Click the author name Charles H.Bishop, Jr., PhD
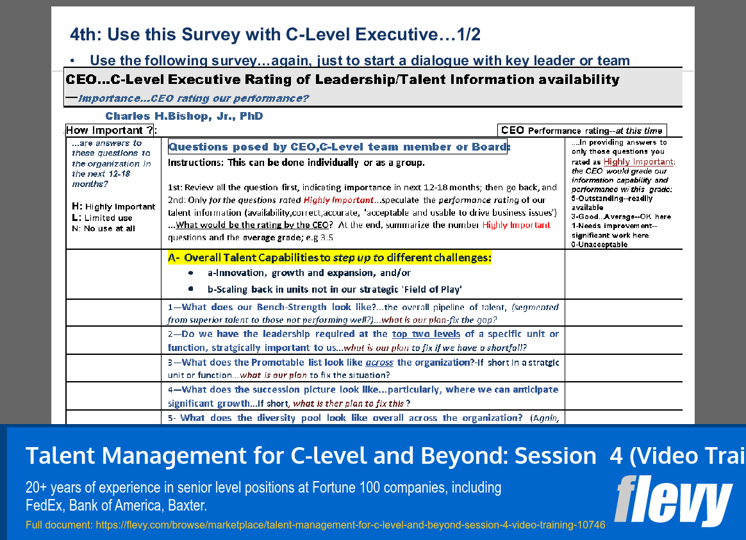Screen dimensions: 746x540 tap(184, 117)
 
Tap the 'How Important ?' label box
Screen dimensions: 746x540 tap(111, 130)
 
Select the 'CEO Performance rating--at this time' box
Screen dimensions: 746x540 tap(581, 130)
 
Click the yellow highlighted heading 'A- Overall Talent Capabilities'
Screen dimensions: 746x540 tap(329, 258)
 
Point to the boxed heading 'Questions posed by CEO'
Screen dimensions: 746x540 tap(338, 147)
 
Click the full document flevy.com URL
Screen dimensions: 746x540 tap(315, 525)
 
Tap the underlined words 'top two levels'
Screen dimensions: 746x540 tap(426, 334)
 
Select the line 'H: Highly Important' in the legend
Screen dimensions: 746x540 tap(113, 207)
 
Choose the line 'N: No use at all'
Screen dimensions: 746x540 tap(104, 229)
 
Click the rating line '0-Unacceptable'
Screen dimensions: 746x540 tap(599, 245)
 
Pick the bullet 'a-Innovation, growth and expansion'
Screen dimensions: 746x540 tap(303, 273)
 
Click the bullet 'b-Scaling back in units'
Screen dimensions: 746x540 tap(335, 290)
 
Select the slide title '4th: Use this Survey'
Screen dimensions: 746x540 tap(275, 35)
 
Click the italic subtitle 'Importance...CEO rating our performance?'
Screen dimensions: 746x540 tap(193, 99)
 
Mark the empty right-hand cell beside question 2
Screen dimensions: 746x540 tap(623, 340)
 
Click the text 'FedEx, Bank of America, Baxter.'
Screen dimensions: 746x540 tap(117, 506)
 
